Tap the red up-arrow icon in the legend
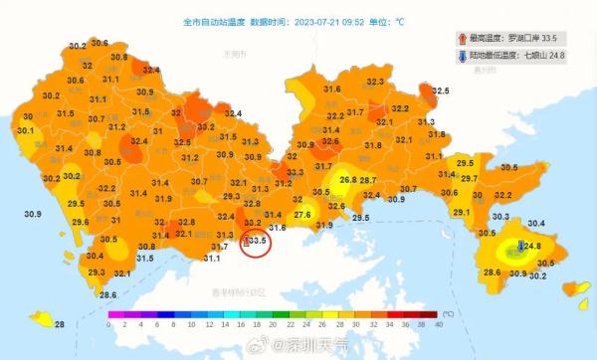pos(462,38)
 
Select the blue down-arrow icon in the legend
pos(462,56)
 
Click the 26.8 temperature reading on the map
pos(347,180)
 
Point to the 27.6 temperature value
pos(302,215)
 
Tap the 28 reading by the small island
pos(60,324)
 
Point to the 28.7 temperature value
pos(369,180)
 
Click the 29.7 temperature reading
pos(469,178)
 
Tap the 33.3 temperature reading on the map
pos(296,172)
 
